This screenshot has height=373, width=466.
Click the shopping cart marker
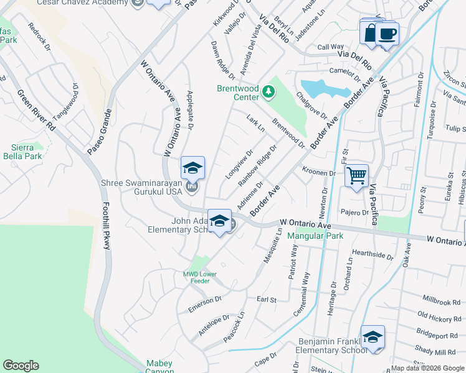pos(356,175)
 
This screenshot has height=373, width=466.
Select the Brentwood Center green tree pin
pos(269,92)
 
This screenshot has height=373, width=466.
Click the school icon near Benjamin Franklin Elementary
pos(373,337)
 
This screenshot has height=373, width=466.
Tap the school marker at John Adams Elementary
pos(219,221)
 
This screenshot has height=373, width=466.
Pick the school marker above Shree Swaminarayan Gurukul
pos(193,167)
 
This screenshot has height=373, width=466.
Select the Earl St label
pos(266,300)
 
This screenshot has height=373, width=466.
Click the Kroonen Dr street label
pos(319,173)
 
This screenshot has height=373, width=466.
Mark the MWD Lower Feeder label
pos(199,277)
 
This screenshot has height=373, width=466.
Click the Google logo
pos(21,366)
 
